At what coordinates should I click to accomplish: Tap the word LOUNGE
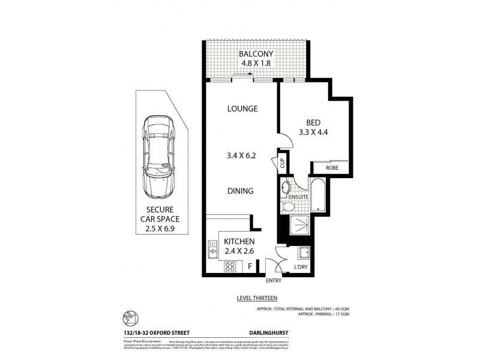coord(242,109)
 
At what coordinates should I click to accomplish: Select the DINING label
coord(240,191)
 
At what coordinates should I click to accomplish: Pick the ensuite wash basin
coord(286,187)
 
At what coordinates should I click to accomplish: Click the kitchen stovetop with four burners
coord(229,266)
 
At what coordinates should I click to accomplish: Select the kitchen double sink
coord(212,249)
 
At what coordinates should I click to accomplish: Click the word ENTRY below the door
coord(274,280)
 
